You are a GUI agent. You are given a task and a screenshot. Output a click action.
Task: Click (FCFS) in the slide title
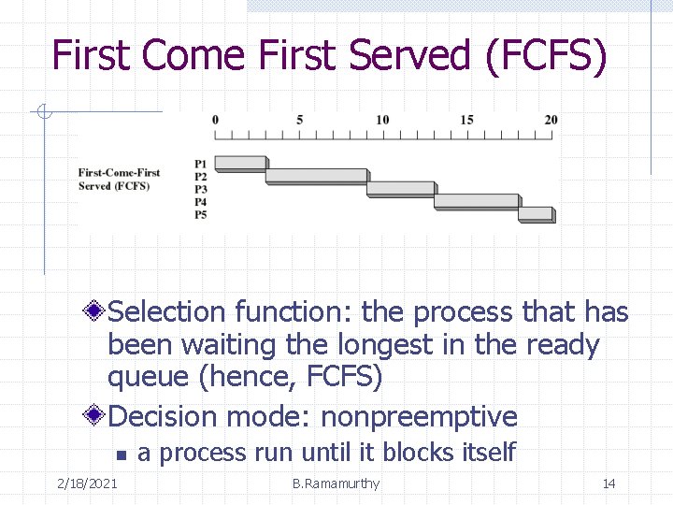[x=547, y=56]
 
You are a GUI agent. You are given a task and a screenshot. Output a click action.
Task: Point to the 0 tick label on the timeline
[x=215, y=120]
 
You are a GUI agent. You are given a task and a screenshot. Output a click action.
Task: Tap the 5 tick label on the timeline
[x=299, y=120]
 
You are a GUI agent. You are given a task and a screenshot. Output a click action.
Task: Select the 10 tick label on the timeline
[x=382, y=120]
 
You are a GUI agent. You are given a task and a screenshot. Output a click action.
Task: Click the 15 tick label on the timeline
[x=466, y=120]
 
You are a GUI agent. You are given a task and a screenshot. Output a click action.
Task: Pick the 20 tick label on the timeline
[x=551, y=120]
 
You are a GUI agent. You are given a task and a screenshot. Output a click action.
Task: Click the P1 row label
[x=201, y=164]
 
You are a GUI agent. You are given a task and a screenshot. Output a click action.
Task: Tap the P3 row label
[x=201, y=189]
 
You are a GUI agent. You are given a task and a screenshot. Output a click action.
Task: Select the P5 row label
[x=201, y=215]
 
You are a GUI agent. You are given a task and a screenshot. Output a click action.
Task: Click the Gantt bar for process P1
[x=240, y=163]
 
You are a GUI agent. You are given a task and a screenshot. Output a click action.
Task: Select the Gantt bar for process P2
[x=316, y=175]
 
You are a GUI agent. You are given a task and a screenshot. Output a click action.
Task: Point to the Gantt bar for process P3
[x=400, y=188]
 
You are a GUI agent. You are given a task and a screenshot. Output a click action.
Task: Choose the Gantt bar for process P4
[x=476, y=200]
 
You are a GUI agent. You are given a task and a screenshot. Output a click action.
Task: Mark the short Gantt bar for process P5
[x=535, y=213]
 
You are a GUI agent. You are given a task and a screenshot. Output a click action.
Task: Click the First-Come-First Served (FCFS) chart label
[x=119, y=179]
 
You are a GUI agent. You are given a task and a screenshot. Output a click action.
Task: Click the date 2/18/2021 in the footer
[x=86, y=483]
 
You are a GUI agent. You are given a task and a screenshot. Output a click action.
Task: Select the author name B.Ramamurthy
[x=336, y=483]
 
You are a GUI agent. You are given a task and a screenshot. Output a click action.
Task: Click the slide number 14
[x=609, y=483]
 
